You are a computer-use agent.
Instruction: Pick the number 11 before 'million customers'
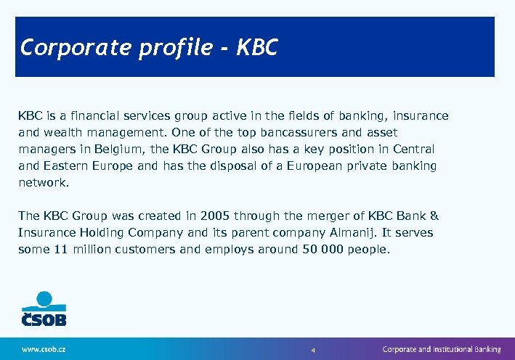[62, 250]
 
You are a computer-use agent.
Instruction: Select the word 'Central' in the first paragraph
[413, 150]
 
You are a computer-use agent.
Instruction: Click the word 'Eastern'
[67, 166]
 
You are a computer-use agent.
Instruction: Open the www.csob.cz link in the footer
[44, 349]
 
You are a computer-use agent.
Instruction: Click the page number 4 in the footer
[313, 350]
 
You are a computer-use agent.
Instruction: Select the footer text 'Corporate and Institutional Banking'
[442, 349]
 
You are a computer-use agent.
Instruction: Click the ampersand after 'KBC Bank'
[434, 216]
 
